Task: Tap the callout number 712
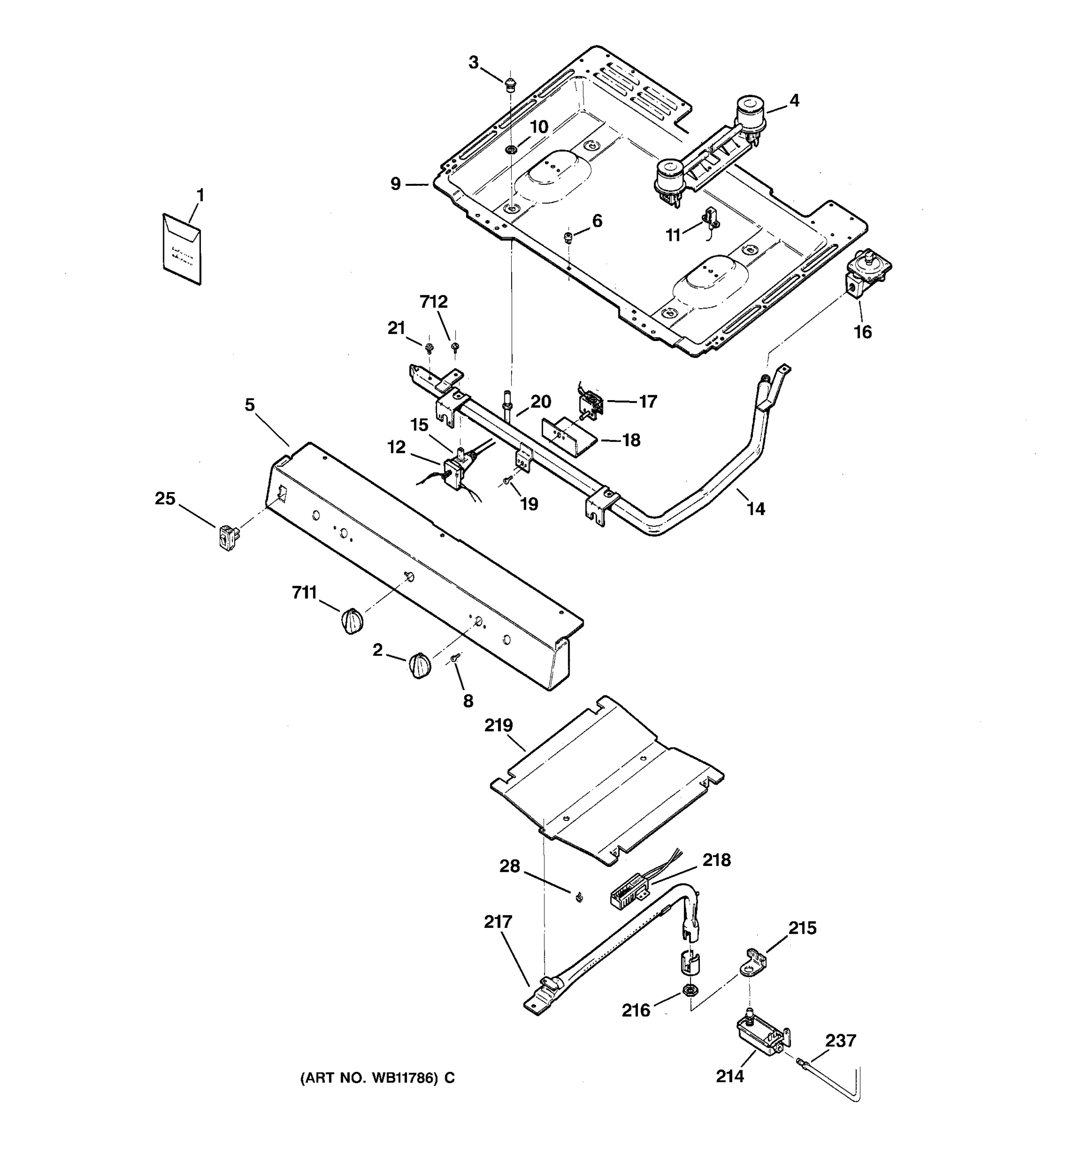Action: [434, 302]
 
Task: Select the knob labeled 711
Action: [352, 620]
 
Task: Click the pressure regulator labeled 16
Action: [866, 273]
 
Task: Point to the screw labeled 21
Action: [429, 349]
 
